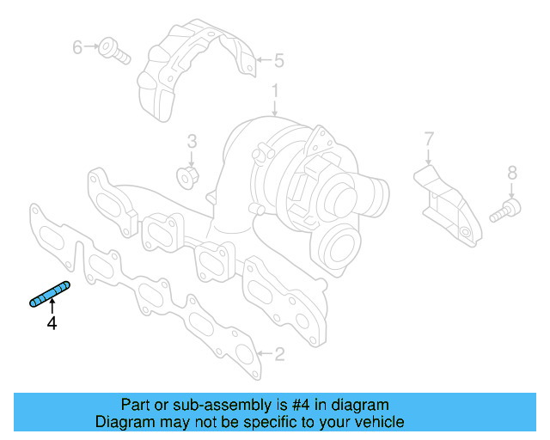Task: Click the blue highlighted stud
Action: [50, 294]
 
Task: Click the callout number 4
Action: [52, 323]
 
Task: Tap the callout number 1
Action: [275, 90]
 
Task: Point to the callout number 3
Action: [192, 140]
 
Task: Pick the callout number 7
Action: [429, 137]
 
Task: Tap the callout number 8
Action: [512, 173]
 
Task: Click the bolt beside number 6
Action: [113, 49]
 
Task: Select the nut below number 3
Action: [189, 176]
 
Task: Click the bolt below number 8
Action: [504, 210]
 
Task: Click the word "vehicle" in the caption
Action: [378, 422]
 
